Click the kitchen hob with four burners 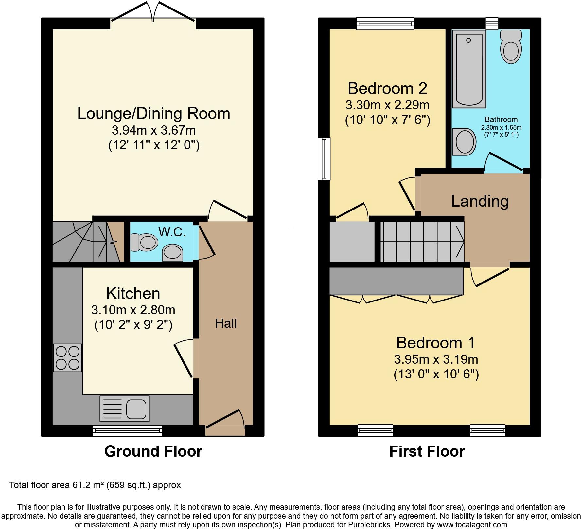pos(67,358)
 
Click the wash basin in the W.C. pos(173,253)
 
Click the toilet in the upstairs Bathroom pos(511,47)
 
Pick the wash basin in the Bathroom pos(464,142)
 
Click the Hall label pos(226,323)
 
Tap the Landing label pos(480,201)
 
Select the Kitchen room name pos(133,293)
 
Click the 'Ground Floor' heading pos(153,451)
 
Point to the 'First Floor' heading pos(427,451)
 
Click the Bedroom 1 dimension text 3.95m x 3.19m pos(436,359)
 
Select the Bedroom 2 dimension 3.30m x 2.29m pos(387,105)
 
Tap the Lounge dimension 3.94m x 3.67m pos(154,130)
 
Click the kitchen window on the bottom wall pos(127,431)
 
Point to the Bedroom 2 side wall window pos(324,159)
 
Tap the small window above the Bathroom pos(492,24)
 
